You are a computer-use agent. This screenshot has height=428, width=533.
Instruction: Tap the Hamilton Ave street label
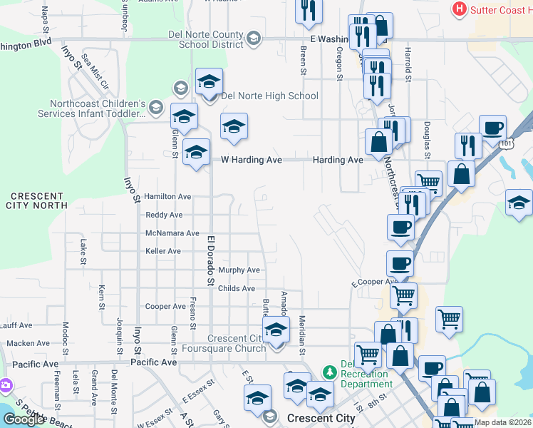[x=168, y=196]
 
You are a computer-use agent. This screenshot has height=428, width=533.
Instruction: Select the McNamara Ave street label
[x=172, y=233]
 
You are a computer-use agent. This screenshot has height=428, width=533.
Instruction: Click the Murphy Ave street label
[x=239, y=270]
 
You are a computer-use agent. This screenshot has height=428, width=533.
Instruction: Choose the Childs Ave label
[x=237, y=289]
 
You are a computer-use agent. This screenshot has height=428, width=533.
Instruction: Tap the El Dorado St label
[x=211, y=260]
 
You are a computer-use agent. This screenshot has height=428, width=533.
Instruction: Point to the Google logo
[x=24, y=419]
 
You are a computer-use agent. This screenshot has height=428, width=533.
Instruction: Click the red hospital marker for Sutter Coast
[x=460, y=9]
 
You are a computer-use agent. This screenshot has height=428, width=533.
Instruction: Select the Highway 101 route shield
[x=507, y=143]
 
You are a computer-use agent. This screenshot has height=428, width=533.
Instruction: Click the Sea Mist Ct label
[x=94, y=72]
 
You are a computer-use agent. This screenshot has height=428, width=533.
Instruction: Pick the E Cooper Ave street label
[x=374, y=282]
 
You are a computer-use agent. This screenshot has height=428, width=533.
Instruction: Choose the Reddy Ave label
[x=164, y=215]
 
